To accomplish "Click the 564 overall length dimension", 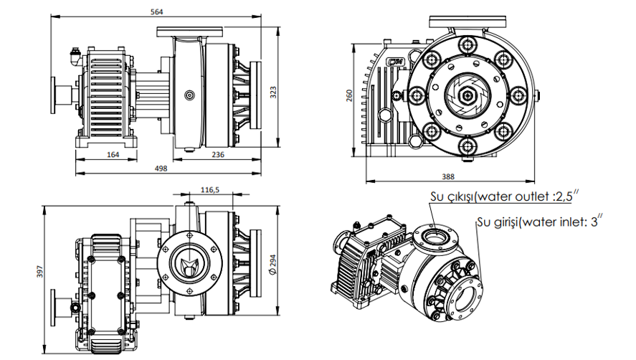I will click(156, 11).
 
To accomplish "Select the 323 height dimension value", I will click(274, 91).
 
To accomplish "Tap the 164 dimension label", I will click(112, 153).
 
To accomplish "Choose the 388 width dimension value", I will click(448, 176).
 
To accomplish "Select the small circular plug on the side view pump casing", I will click(189, 94).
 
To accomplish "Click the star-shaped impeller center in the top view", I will click(188, 264).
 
